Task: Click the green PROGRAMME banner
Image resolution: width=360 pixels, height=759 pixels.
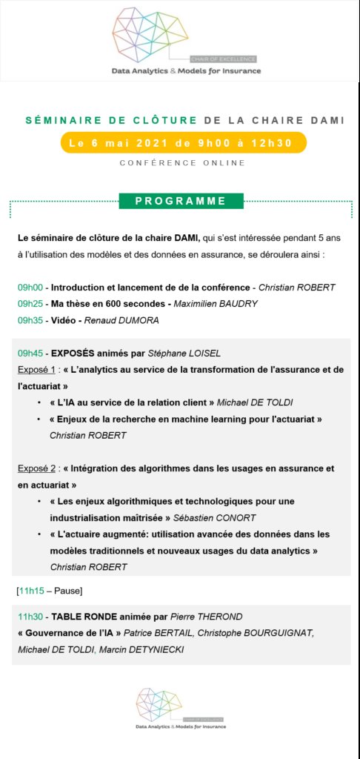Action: coord(181,201)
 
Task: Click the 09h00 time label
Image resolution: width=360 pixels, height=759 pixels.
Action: coord(30,287)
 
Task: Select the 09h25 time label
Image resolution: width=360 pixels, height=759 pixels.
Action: coord(30,303)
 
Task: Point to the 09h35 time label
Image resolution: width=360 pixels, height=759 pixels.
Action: coord(30,319)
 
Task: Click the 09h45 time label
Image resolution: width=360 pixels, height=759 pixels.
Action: coord(30,352)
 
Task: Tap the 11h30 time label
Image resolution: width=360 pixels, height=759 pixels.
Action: coord(30,616)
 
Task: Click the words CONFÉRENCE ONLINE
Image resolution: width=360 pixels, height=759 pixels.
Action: coord(181,163)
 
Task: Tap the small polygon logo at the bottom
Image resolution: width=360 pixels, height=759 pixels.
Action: coord(160,705)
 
